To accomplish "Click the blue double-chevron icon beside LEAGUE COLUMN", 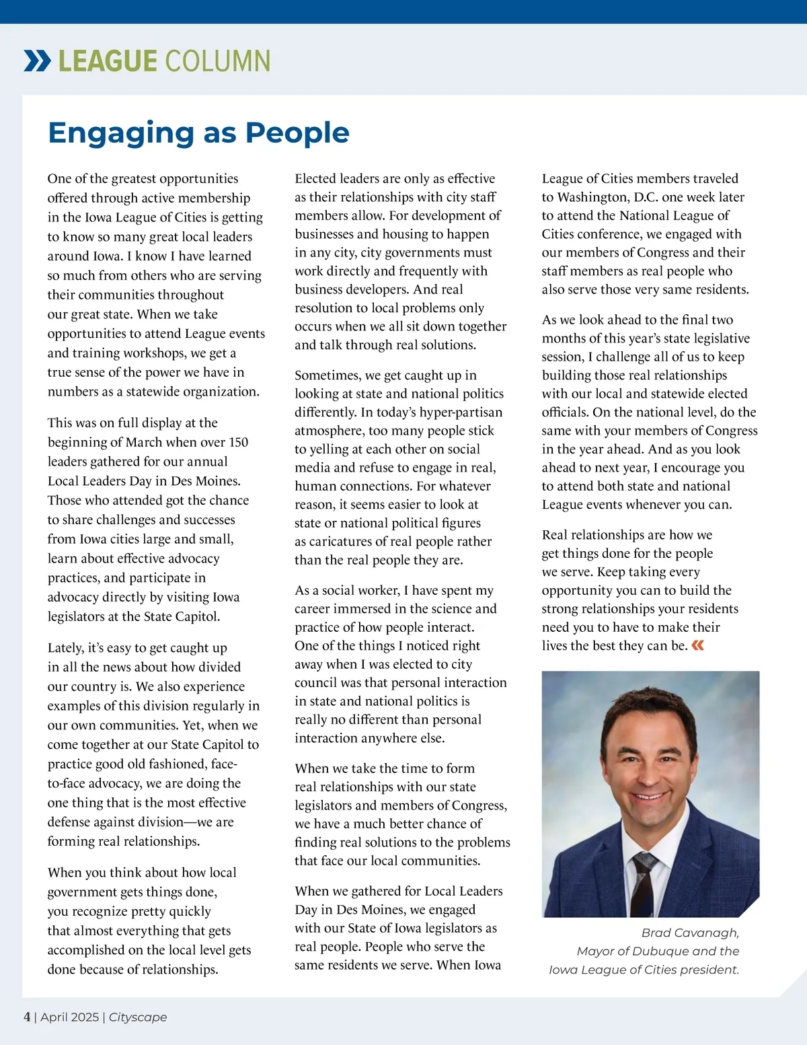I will (x=37, y=61).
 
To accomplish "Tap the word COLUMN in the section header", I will (x=217, y=61).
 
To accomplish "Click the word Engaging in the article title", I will (x=121, y=133).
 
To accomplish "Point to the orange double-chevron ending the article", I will (x=698, y=646).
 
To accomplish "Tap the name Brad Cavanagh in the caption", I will (x=690, y=933).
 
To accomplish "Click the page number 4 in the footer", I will (x=27, y=1017).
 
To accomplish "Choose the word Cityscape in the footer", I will (x=138, y=1017).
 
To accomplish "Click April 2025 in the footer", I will (x=69, y=1017).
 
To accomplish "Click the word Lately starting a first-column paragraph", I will (x=66, y=647).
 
